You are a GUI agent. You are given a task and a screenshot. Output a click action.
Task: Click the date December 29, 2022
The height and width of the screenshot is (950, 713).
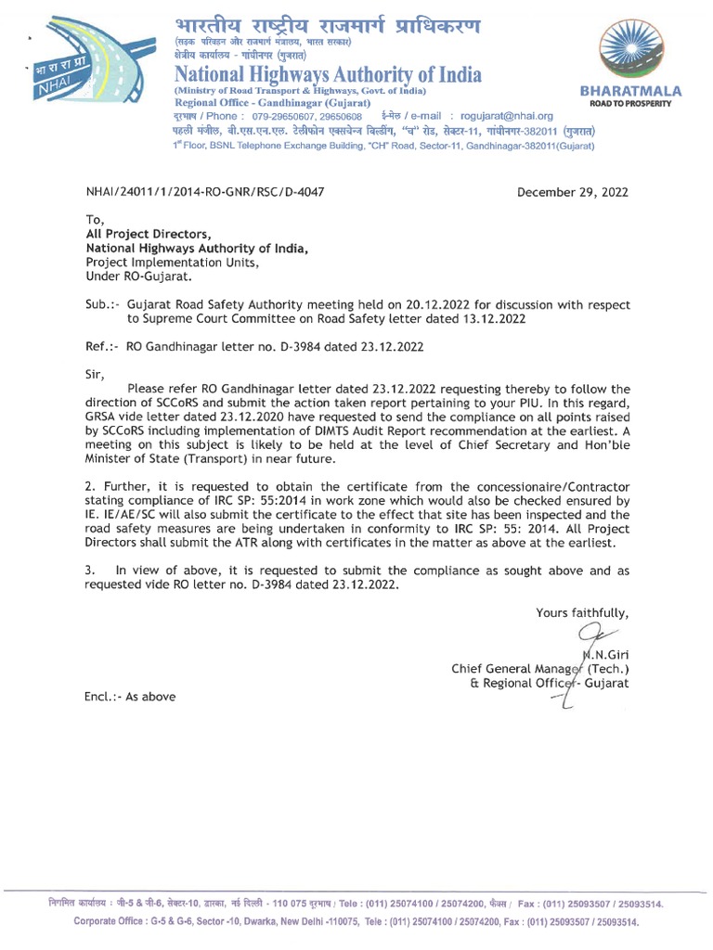pos(572,192)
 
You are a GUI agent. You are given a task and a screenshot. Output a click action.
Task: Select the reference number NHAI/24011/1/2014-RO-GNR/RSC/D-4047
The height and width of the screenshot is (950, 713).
pos(205,192)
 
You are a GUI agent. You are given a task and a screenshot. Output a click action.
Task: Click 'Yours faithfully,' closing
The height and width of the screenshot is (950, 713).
pos(581,612)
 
